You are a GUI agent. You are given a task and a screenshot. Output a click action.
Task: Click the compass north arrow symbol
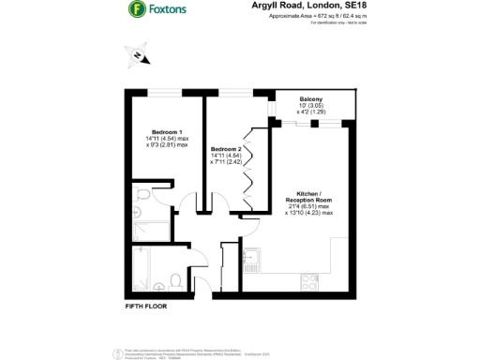(138, 57)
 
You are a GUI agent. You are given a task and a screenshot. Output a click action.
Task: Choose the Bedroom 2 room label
(226, 149)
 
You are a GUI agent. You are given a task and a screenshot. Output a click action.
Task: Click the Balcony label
(311, 99)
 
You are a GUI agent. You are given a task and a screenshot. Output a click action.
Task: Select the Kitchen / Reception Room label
(308, 197)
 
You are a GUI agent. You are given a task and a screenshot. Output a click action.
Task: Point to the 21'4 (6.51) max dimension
(308, 206)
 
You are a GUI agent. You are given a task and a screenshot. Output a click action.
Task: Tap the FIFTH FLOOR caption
(145, 307)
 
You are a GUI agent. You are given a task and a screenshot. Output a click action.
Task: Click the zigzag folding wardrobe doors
(247, 169)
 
